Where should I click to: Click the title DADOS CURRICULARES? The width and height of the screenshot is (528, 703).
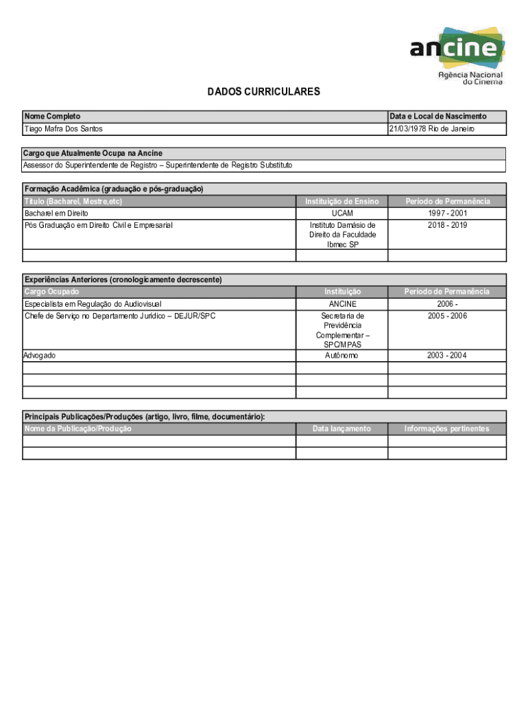point(264,92)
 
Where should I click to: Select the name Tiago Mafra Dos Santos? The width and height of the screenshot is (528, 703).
point(64,129)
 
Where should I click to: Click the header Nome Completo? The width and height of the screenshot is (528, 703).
point(52,117)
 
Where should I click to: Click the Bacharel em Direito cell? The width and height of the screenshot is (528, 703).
point(56,214)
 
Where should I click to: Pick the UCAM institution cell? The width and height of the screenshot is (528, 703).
point(342,214)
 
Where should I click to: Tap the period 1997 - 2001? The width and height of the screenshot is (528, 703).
point(447,214)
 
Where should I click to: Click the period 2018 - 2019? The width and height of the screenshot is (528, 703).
point(447,225)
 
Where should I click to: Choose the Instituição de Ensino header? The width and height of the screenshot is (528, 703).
point(342,201)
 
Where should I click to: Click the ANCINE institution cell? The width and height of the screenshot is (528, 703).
point(342,304)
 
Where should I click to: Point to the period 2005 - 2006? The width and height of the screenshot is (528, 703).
point(447,316)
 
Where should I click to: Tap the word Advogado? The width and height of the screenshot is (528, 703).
point(40,356)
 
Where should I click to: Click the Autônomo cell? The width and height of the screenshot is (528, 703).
point(342,356)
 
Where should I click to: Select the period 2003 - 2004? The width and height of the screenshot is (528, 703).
point(447,356)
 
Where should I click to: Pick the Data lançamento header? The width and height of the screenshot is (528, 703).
point(341,429)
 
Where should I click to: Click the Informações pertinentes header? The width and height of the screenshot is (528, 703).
point(447,429)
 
